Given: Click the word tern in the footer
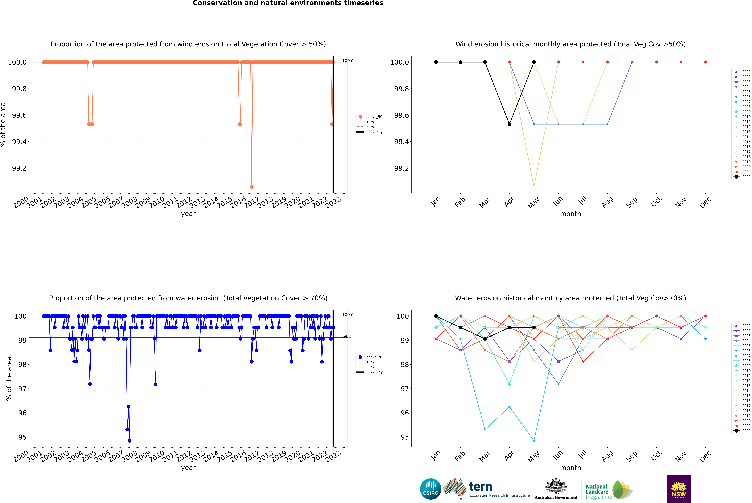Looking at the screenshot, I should click(480, 487).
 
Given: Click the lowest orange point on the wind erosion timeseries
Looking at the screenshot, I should click(252, 187).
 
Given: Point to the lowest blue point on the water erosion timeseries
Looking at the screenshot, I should click(130, 441).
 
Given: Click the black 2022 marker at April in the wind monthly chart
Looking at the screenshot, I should click(509, 124).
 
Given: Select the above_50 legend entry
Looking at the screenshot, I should click(374, 117).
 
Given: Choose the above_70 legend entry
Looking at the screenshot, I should click(374, 357).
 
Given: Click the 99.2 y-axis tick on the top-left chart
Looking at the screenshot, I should click(19, 168).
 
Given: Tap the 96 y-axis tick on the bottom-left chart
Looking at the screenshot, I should click(22, 413).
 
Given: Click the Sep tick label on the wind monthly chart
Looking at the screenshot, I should click(631, 202).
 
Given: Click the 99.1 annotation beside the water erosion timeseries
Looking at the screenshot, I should click(347, 337).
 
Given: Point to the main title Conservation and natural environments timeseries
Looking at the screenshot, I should click(288, 3).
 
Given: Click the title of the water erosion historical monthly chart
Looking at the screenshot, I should click(570, 298).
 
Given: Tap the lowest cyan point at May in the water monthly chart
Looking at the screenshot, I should click(534, 441).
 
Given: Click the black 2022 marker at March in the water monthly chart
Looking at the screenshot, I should click(485, 339).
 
